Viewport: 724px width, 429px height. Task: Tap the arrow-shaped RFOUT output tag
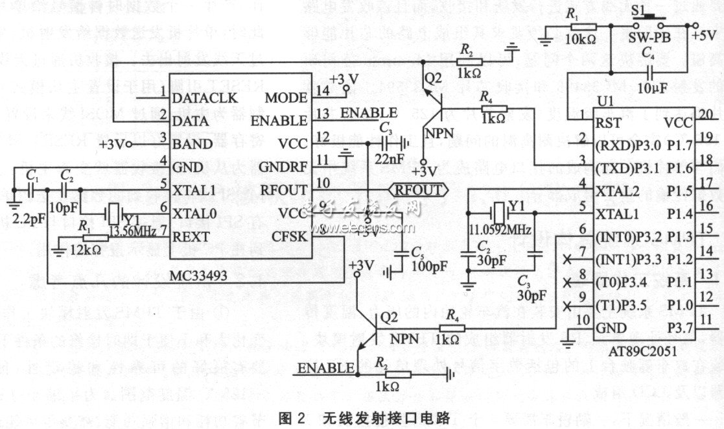point(418,190)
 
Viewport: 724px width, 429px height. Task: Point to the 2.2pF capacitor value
point(27,217)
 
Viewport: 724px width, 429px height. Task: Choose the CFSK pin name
point(294,238)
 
